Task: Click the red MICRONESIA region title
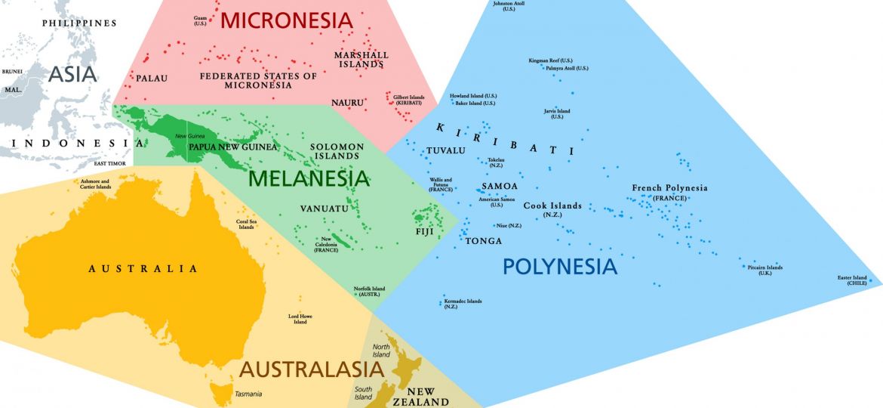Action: click(286, 20)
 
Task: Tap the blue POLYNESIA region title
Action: click(559, 266)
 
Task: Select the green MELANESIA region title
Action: click(309, 178)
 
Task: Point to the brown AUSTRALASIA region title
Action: click(312, 369)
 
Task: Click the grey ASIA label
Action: click(72, 74)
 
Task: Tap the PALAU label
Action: click(152, 78)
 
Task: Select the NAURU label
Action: click(347, 102)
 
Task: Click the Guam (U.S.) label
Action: click(200, 20)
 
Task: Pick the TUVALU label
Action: click(445, 150)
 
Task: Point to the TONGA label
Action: click(484, 241)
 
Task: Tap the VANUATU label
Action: click(324, 208)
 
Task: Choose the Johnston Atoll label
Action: click(509, 6)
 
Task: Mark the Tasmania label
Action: click(248, 394)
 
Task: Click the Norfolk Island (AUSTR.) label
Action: click(369, 292)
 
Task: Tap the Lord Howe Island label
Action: click(300, 319)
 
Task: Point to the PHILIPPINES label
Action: click(79, 23)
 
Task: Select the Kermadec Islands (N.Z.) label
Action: click(463, 304)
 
